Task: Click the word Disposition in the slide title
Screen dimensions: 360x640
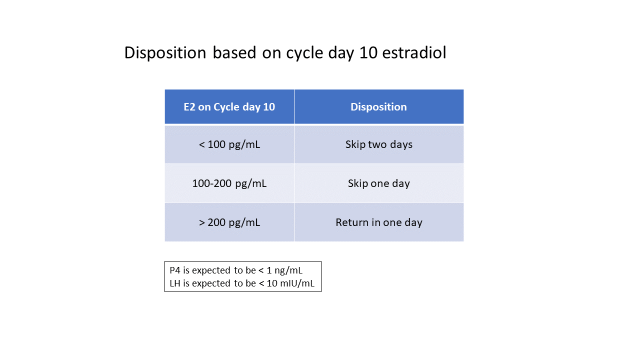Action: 165,52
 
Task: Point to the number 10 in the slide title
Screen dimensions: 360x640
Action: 369,52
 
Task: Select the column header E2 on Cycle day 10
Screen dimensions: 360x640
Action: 229,107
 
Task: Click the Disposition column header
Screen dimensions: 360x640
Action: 378,107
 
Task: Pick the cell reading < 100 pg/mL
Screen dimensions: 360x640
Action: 229,144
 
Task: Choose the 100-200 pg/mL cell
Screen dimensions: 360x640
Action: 229,183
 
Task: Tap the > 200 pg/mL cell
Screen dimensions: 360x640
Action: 229,222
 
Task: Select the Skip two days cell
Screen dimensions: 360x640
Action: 378,144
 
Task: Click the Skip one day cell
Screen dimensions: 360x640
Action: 378,183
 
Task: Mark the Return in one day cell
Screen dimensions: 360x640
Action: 378,222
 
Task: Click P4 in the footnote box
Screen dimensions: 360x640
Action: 175,270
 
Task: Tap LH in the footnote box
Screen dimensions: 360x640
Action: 175,284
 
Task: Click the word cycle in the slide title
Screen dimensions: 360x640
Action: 302,52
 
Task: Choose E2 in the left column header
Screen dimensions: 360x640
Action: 189,107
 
